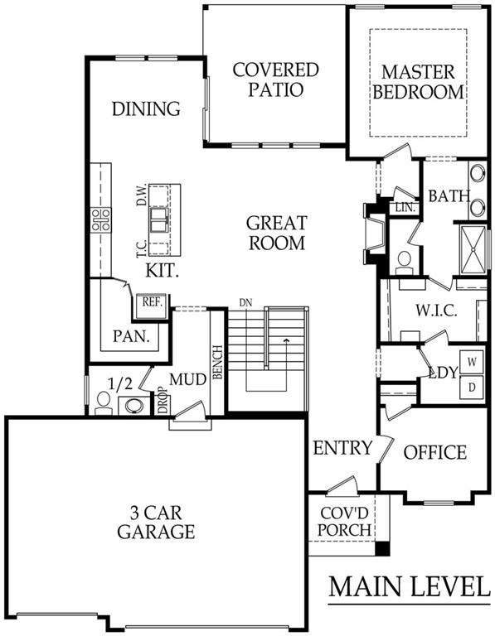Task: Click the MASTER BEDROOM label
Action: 418,81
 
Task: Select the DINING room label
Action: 146,109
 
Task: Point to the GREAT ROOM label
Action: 276,233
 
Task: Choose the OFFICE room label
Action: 434,452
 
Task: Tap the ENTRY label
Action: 342,448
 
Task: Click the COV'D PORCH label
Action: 340,519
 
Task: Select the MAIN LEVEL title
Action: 408,585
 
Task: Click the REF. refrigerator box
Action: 151,304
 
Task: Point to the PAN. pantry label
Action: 130,337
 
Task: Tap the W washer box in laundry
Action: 472,362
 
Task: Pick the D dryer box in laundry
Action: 472,387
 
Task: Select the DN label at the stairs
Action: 245,302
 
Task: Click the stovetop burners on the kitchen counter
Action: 101,219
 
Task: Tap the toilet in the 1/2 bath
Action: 104,402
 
